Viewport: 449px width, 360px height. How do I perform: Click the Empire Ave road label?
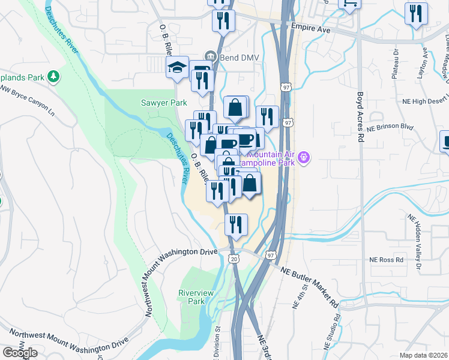pos(311,28)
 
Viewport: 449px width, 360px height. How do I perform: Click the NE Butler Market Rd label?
pos(310,286)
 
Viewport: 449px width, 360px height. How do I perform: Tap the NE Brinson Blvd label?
pos(391,127)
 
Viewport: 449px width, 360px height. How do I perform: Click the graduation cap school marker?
pos(177,67)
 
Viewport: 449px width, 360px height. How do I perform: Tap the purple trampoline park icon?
pos(304,158)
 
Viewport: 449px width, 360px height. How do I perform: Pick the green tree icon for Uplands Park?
pos(55,76)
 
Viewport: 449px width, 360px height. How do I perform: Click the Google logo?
pos(20,353)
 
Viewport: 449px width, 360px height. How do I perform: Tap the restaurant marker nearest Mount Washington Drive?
pos(236,224)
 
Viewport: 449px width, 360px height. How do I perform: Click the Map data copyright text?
pos(424,355)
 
